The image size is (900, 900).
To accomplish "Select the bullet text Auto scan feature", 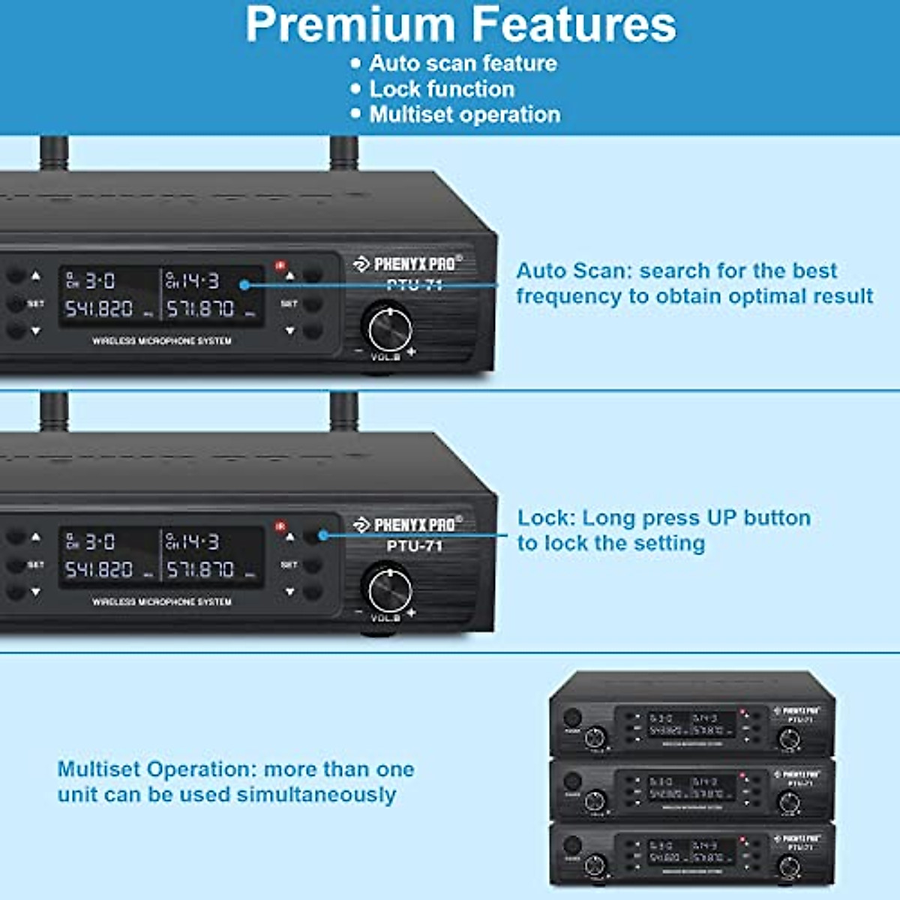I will (x=463, y=63).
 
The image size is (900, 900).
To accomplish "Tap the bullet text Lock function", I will (x=442, y=88).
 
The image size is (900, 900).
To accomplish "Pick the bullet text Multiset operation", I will (x=465, y=114).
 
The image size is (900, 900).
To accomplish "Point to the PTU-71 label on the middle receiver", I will (x=415, y=546).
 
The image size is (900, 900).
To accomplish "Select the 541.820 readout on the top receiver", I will (x=99, y=308).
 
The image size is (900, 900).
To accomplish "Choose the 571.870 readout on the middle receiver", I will (x=200, y=569).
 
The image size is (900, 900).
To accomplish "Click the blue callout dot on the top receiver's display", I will (x=244, y=284).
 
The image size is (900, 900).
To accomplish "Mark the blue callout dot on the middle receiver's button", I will (x=323, y=535).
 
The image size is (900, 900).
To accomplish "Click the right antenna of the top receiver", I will (x=344, y=154).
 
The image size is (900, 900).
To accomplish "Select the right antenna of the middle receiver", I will (x=344, y=412).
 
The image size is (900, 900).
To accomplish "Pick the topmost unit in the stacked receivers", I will (x=691, y=716).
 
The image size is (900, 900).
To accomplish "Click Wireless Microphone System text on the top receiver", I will (x=162, y=341).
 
